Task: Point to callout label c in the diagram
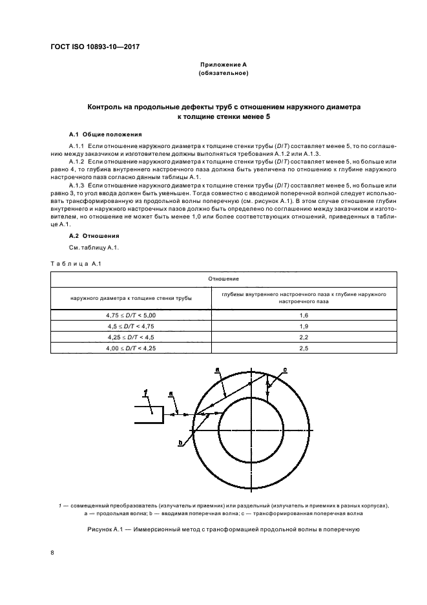click(x=285, y=369)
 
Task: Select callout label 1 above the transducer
click(x=147, y=392)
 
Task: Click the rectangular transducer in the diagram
click(x=148, y=414)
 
